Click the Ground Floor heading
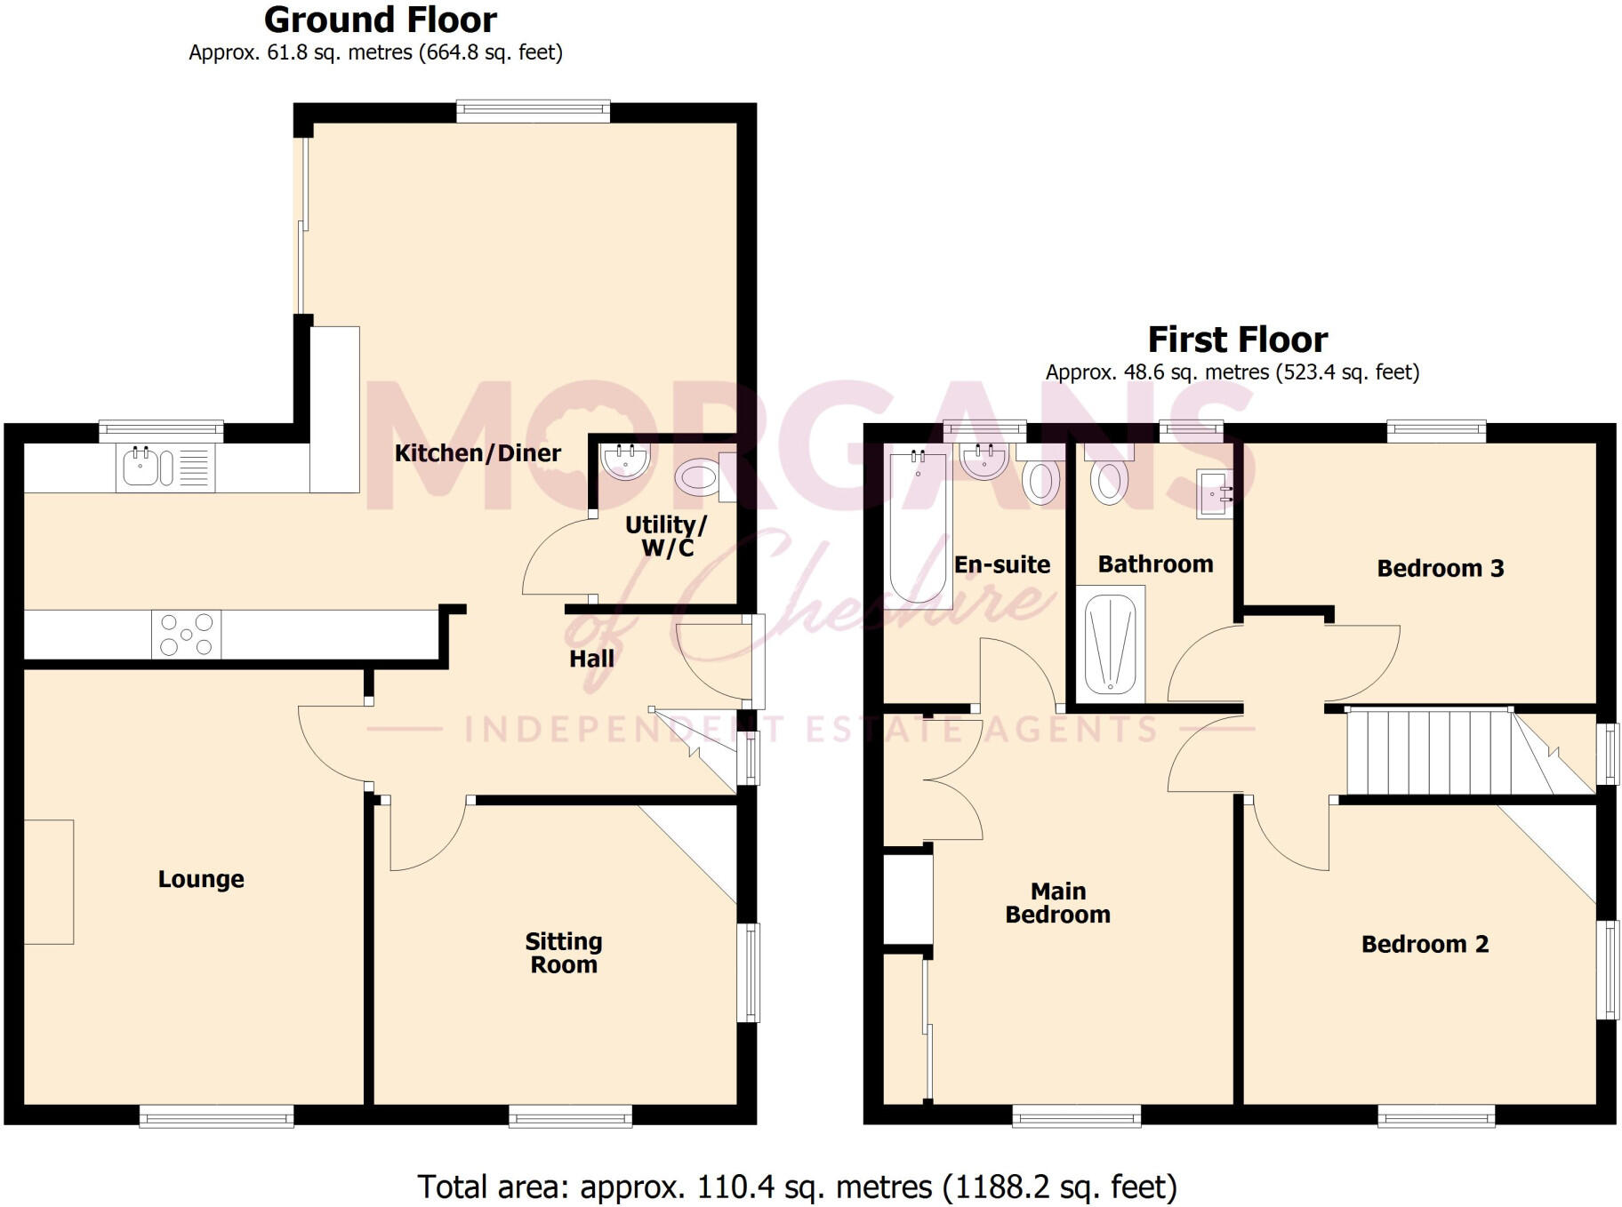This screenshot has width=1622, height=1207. (x=380, y=20)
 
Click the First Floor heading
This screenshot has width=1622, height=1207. (x=1237, y=340)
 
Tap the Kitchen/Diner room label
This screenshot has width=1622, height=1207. (x=478, y=453)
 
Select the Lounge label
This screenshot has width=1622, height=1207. (x=201, y=879)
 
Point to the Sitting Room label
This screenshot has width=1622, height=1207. (x=564, y=953)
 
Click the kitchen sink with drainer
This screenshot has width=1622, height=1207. (x=165, y=468)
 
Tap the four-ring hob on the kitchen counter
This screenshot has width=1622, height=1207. (x=186, y=635)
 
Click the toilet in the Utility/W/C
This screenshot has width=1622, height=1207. (x=699, y=478)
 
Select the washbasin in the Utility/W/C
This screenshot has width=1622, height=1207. (x=626, y=460)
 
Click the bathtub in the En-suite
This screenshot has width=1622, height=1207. (x=918, y=524)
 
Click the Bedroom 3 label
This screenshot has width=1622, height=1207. (x=1440, y=569)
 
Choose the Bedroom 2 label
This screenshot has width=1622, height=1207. (x=1425, y=944)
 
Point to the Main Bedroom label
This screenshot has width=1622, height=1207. (x=1057, y=903)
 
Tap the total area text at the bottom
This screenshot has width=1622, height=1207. (x=797, y=1187)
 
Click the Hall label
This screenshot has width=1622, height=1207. (x=591, y=659)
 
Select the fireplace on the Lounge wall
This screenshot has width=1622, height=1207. (x=49, y=881)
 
